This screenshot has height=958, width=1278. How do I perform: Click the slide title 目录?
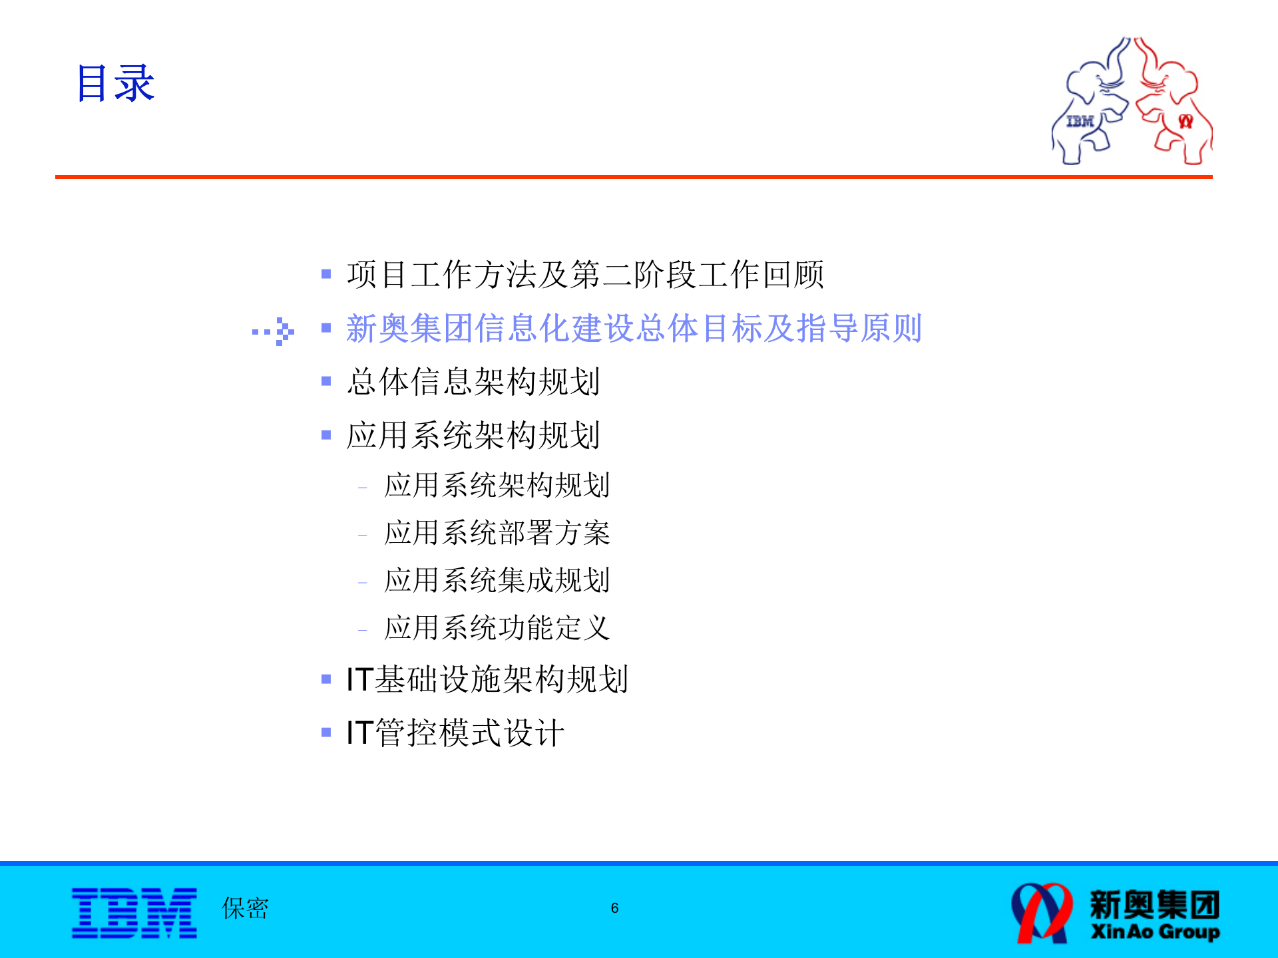(115, 84)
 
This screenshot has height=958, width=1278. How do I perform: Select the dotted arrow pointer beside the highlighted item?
(274, 331)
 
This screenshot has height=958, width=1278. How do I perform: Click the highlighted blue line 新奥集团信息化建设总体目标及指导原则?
(634, 328)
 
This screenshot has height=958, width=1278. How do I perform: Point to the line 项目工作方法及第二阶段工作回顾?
(585, 274)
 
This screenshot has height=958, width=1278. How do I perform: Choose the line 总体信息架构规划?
(473, 382)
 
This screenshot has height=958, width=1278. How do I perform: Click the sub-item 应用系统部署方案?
(497, 533)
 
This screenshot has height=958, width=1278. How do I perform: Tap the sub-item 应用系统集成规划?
(497, 580)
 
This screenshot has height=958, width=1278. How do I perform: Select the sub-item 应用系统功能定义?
(497, 628)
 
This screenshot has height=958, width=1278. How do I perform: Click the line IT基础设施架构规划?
(487, 679)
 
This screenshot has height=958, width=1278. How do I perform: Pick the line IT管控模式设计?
(455, 733)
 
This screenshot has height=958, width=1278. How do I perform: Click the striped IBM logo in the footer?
(134, 913)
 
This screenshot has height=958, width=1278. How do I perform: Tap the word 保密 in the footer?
(245, 908)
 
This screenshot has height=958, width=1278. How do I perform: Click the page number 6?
(614, 908)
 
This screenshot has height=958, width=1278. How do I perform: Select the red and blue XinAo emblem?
(1042, 913)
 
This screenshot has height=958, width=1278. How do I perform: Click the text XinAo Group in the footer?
(1155, 931)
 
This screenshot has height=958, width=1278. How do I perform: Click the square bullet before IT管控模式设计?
(326, 733)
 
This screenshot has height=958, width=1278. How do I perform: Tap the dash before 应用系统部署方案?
(362, 535)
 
